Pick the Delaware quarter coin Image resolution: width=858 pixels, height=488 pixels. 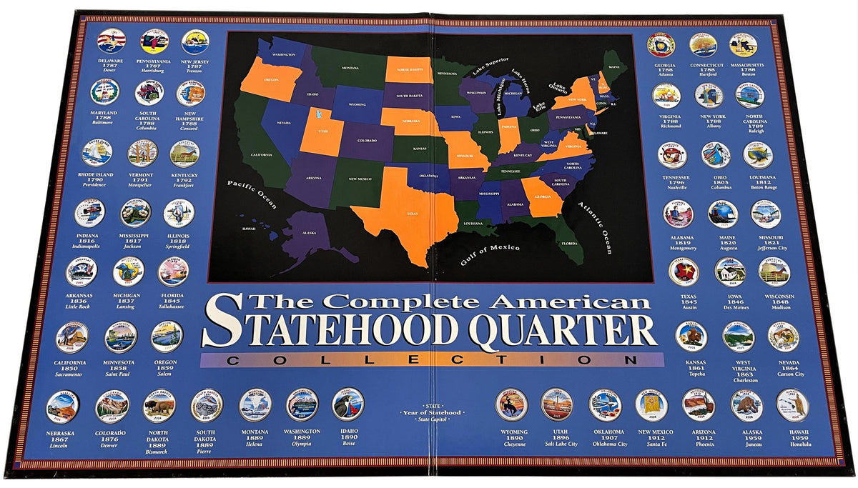click(x=112, y=41)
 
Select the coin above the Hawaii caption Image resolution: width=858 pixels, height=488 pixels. click(x=792, y=405)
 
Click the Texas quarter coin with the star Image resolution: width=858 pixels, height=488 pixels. click(x=684, y=272)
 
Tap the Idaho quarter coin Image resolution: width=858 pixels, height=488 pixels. click(x=348, y=404)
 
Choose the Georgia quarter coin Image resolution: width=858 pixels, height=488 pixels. click(x=661, y=44)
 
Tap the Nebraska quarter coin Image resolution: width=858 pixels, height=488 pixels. click(x=62, y=407)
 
